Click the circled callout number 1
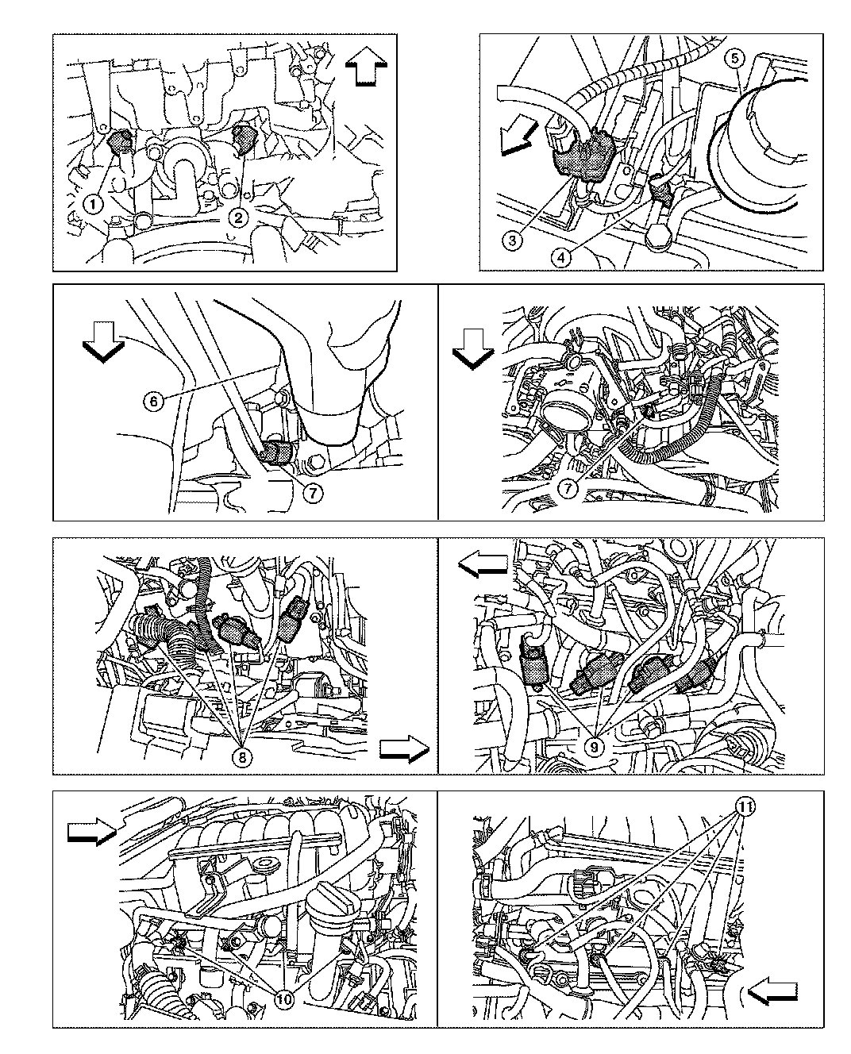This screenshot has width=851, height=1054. pyautogui.click(x=93, y=203)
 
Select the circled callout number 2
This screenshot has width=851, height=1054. pyautogui.click(x=238, y=217)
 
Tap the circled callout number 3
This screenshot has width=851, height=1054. pyautogui.click(x=512, y=241)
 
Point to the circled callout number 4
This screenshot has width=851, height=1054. pyautogui.click(x=560, y=257)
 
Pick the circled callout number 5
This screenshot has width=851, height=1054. pyautogui.click(x=735, y=59)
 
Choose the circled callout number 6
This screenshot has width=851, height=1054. pyautogui.click(x=153, y=401)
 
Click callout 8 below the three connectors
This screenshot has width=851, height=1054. pyautogui.click(x=242, y=756)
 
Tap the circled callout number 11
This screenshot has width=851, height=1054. pyautogui.click(x=746, y=807)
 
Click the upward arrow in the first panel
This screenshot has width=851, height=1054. pyautogui.click(x=367, y=66)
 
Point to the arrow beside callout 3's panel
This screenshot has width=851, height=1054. pyautogui.click(x=518, y=138)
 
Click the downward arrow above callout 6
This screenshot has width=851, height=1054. pyautogui.click(x=103, y=342)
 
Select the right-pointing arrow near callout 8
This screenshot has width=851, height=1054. pyautogui.click(x=404, y=748)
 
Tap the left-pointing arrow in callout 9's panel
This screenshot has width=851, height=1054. pyautogui.click(x=483, y=564)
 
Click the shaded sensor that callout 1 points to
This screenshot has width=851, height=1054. pyautogui.click(x=119, y=141)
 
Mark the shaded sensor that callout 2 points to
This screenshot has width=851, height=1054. pyautogui.click(x=242, y=139)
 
